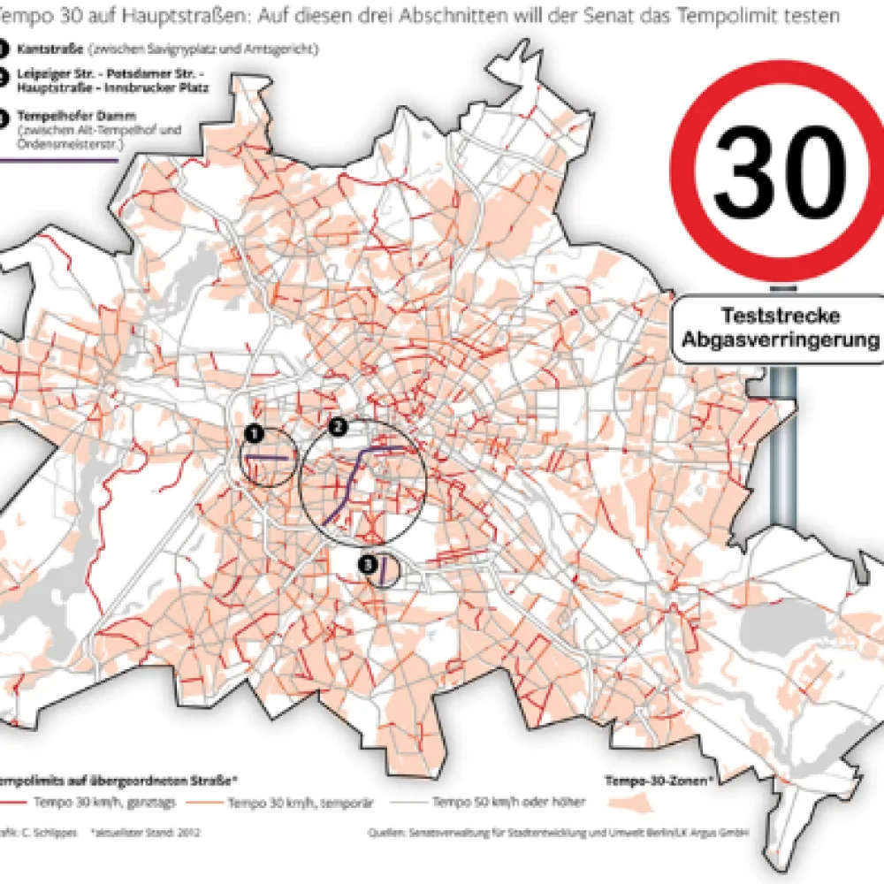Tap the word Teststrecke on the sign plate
pos(779,316)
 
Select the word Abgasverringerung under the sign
pos(779,339)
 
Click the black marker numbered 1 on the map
pos(255,432)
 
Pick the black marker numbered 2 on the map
pos(337,427)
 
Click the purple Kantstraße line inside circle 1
pos(268,457)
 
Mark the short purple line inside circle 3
pos(384,569)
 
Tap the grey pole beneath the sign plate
pos(783,442)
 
